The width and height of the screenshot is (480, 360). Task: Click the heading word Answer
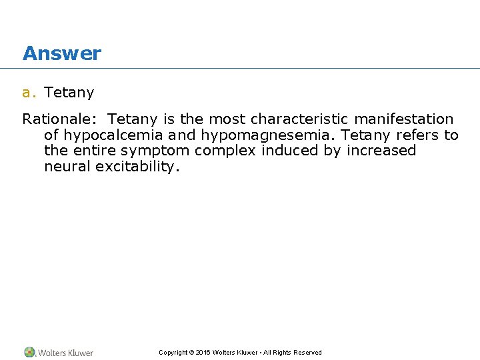click(x=61, y=53)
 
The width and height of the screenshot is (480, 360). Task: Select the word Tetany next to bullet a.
click(x=69, y=93)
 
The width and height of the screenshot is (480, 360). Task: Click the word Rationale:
click(x=60, y=119)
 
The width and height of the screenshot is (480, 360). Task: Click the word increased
click(x=381, y=151)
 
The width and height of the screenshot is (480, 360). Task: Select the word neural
click(x=67, y=167)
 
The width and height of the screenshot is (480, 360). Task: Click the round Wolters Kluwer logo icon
click(x=29, y=352)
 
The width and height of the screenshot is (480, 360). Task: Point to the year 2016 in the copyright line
click(x=203, y=353)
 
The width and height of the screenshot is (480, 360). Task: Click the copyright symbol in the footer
click(x=191, y=353)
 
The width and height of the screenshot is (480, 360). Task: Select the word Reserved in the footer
click(x=307, y=353)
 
